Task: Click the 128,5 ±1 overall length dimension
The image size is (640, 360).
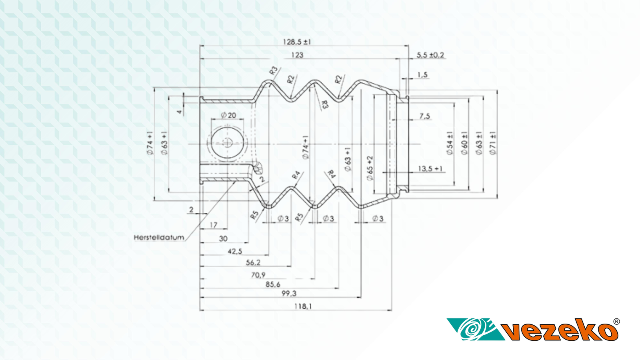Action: click(x=297, y=42)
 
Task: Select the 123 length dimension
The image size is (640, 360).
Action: click(x=297, y=55)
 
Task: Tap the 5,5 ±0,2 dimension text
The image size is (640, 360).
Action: click(x=430, y=55)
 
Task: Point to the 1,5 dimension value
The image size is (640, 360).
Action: click(x=422, y=75)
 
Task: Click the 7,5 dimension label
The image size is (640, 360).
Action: click(x=425, y=116)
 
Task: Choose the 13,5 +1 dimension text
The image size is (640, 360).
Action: click(x=430, y=168)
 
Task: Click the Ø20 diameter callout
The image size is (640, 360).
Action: click(x=228, y=115)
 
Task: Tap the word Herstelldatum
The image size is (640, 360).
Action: click(x=159, y=237)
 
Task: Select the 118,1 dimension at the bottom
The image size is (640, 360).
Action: click(x=303, y=306)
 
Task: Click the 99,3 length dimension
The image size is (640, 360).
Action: click(x=289, y=293)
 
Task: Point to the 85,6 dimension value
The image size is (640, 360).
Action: click(x=273, y=284)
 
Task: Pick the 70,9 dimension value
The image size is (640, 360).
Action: click(x=258, y=275)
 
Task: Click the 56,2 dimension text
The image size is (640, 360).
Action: click(x=253, y=262)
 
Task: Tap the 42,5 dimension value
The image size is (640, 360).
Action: click(x=235, y=251)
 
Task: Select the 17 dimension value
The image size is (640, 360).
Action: click(x=214, y=225)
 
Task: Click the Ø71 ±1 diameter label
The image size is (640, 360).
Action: click(x=493, y=143)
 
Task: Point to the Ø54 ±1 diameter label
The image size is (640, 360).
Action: click(x=450, y=143)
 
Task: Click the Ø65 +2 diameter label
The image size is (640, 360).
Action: click(x=370, y=168)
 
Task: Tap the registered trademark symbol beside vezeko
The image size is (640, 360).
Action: click(x=616, y=321)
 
